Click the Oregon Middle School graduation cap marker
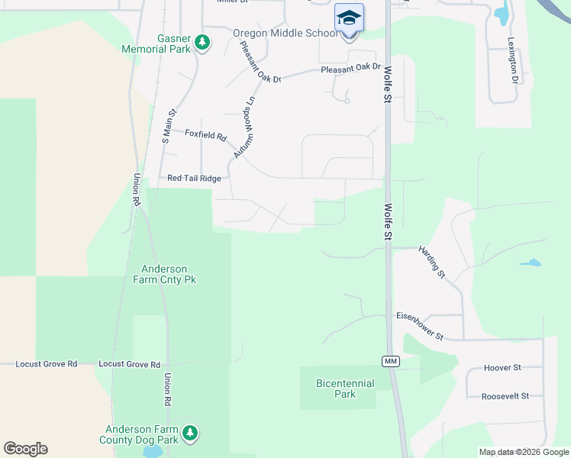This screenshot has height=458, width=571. [349, 18]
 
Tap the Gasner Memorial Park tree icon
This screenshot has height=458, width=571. [202, 42]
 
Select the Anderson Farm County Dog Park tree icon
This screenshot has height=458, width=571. [191, 434]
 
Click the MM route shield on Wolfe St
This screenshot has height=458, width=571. [391, 360]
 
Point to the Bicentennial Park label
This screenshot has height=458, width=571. [345, 389]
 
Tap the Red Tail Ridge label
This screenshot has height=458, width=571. [194, 179]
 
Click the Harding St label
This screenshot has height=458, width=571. [431, 262]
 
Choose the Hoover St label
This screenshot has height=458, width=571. [502, 368]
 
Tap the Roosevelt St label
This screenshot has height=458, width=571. [505, 396]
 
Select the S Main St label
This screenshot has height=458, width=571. [169, 127]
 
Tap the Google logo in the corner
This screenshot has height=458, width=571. [25, 449]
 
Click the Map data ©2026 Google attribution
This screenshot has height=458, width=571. [524, 452]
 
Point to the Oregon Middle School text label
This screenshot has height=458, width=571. [284, 34]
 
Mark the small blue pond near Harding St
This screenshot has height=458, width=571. [531, 263]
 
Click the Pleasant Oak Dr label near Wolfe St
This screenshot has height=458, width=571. [350, 68]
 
